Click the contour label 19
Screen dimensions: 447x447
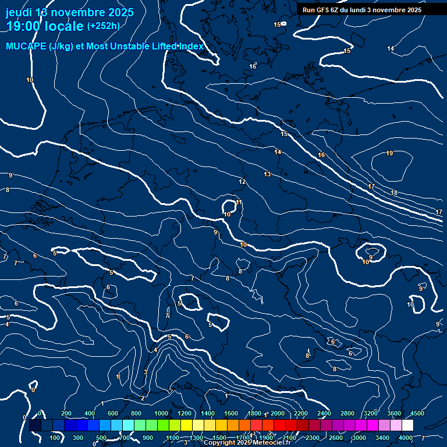389,154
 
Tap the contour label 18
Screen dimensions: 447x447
394,193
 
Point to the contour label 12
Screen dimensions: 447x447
242,182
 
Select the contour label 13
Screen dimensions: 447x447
267,174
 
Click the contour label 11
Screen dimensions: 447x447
239,203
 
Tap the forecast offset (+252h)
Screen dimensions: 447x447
103,26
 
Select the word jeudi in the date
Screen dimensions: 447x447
19,12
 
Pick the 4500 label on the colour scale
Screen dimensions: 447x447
417,413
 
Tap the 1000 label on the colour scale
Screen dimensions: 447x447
161,413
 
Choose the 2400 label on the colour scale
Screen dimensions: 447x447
324,413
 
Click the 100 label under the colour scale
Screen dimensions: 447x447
55,438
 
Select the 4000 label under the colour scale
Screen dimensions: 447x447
406,438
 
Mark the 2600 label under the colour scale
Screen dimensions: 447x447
336,438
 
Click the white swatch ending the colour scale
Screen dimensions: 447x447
407,425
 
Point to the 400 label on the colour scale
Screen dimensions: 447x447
90,413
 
